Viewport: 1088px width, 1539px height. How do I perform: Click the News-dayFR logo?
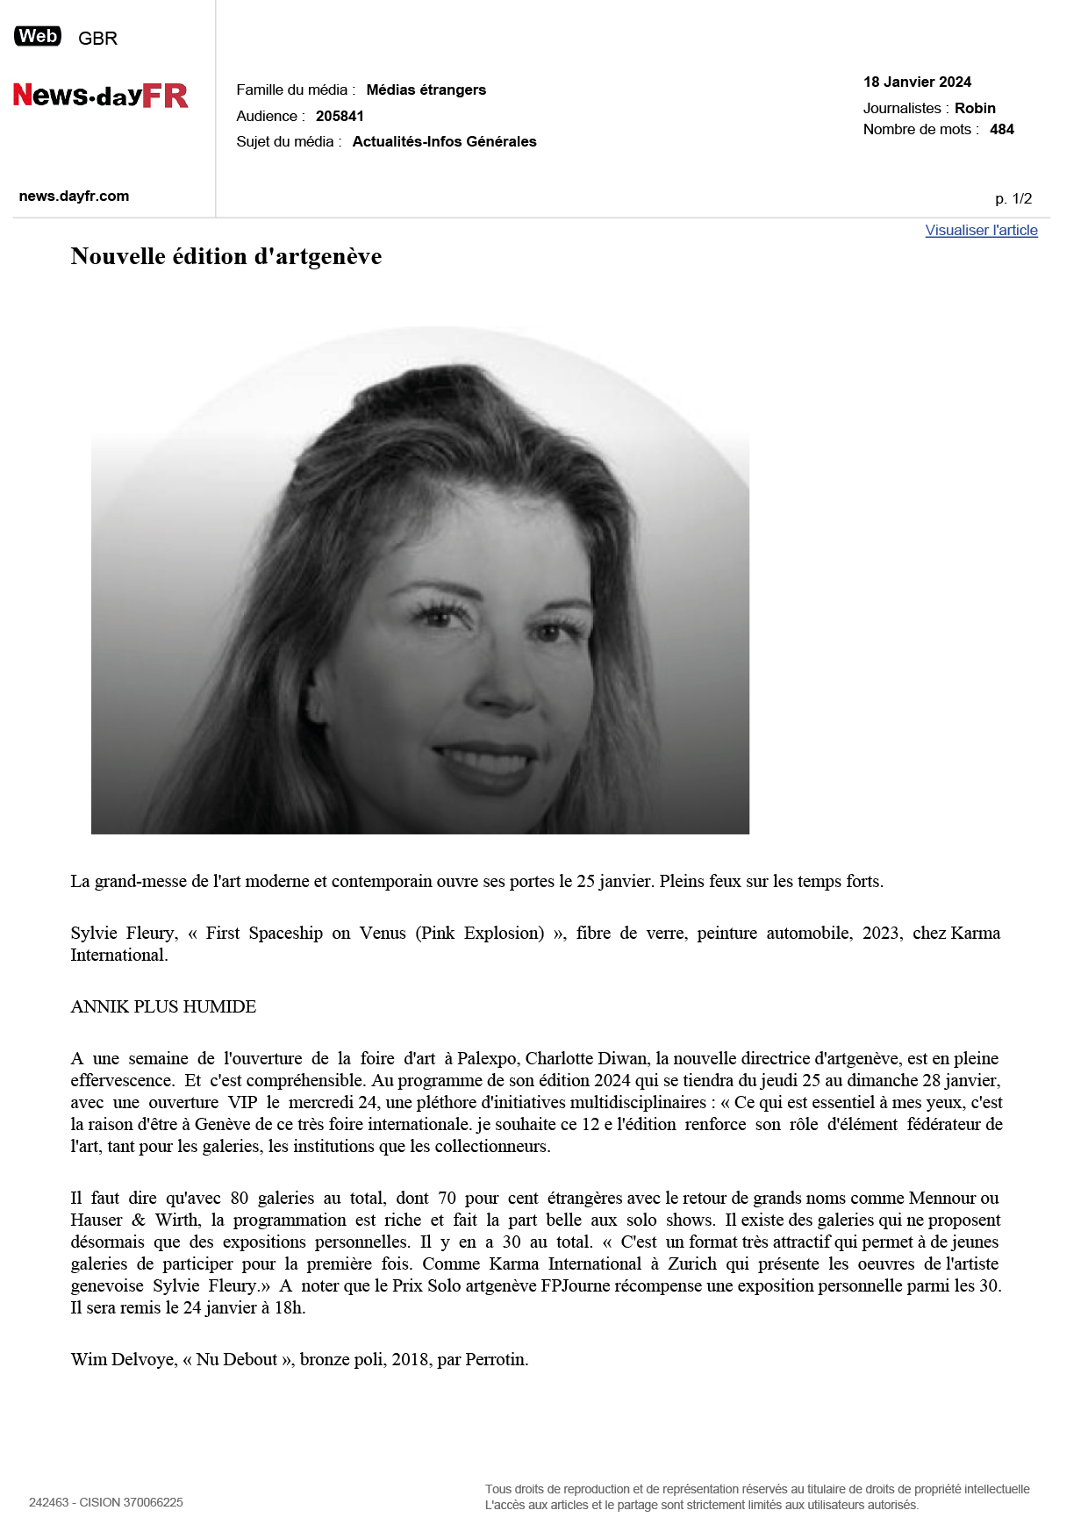point(100,95)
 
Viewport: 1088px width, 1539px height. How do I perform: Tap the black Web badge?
point(38,37)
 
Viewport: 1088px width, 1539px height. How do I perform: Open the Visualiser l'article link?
point(981,230)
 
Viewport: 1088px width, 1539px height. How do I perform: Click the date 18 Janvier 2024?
point(917,82)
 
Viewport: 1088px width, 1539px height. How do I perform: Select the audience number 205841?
point(340,116)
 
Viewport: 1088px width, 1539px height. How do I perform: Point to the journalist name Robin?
point(975,108)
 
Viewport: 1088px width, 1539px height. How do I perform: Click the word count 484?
point(1001,129)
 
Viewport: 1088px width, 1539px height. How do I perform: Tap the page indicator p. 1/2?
point(1013,199)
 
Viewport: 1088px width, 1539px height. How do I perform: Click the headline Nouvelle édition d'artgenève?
point(226,256)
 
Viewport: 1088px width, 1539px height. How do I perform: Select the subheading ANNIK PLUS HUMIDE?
point(163,1006)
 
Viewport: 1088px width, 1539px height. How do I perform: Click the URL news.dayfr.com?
point(74,196)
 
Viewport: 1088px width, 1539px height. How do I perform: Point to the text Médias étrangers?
point(426,89)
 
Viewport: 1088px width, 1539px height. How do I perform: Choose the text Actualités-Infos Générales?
point(444,141)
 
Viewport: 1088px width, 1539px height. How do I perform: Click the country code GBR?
point(97,39)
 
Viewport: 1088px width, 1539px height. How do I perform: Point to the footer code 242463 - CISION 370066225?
point(106,1502)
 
